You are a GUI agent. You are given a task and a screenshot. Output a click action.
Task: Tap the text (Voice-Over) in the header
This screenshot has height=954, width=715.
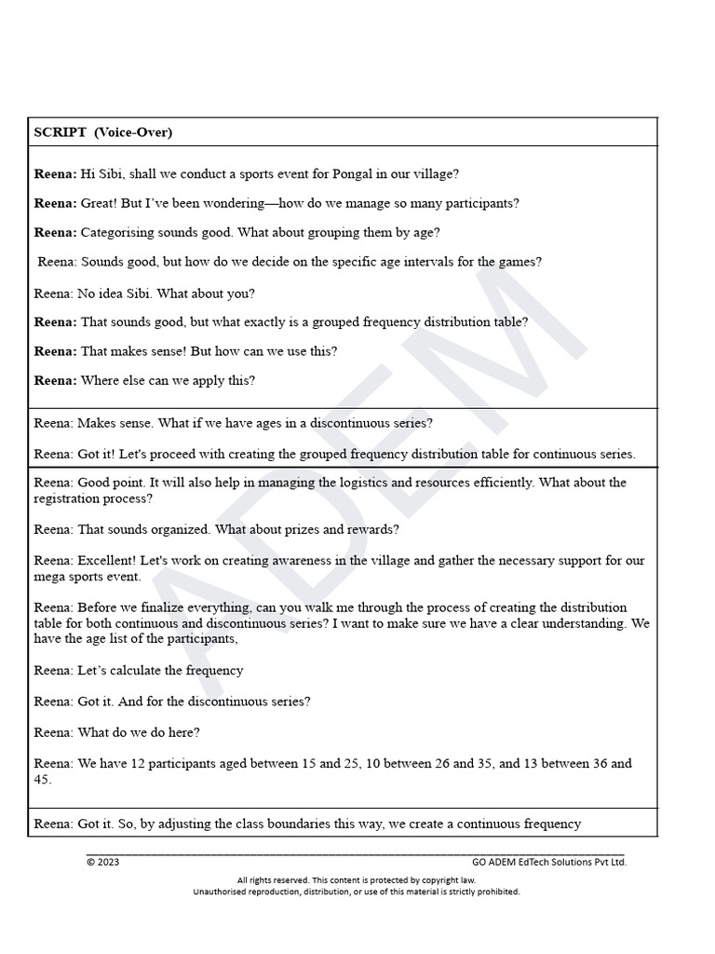[x=133, y=132]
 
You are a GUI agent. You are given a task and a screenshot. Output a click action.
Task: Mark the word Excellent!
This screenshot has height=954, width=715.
[x=109, y=561]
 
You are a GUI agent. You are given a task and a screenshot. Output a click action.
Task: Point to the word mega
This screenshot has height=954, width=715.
[x=53, y=577]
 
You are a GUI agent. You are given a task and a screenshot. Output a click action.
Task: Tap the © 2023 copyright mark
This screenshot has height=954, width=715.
[x=102, y=862]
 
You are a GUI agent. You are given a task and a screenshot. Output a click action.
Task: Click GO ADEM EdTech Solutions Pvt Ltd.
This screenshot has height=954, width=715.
[x=549, y=862]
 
